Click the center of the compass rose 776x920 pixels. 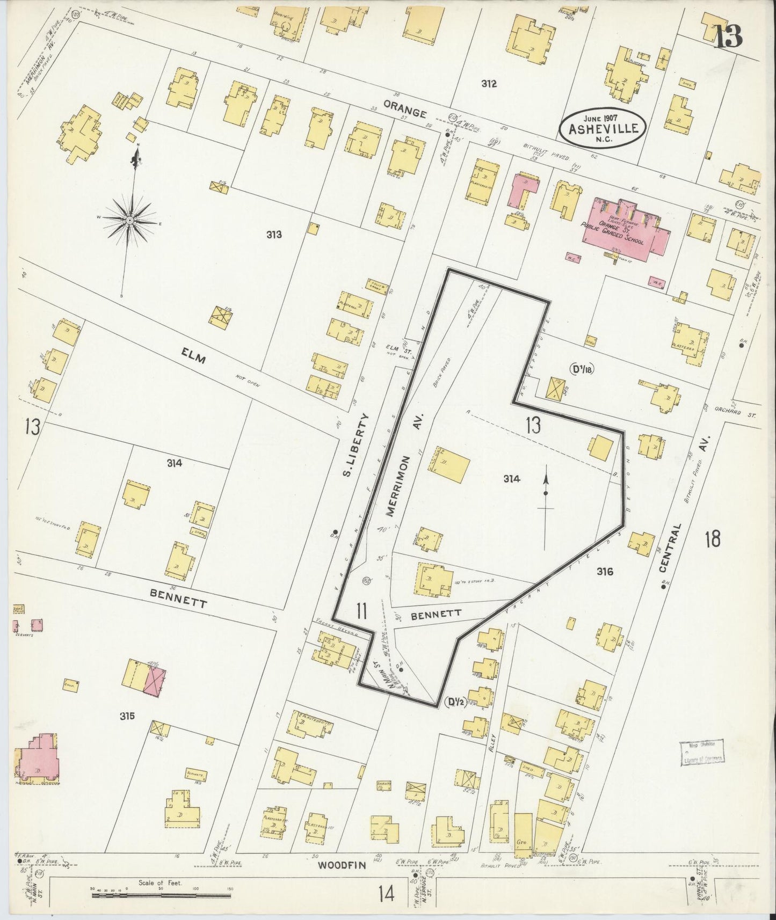130,220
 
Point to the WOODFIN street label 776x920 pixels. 337,880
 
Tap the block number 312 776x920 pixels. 489,84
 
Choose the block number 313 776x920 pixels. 274,235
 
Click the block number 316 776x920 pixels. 605,572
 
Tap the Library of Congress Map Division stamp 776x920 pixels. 701,751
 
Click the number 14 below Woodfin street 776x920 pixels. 386,894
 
